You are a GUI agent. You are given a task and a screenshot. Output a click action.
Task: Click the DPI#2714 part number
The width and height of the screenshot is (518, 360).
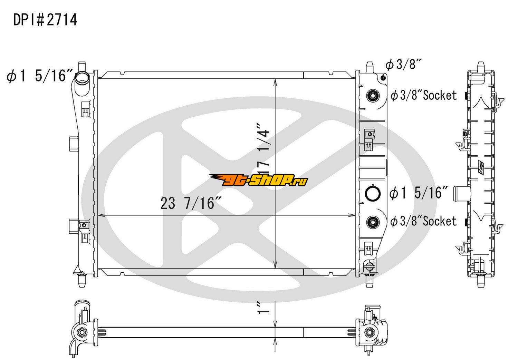point(45,20)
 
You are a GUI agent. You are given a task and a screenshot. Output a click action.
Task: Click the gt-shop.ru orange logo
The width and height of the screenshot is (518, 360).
point(258,180)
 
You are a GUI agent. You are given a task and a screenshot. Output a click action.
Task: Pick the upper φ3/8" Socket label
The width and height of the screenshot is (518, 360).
point(424,95)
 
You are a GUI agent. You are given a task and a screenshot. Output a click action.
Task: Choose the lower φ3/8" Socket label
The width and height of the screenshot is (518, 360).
point(424,221)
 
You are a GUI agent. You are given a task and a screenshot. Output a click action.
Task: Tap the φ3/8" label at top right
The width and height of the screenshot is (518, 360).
point(403,65)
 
